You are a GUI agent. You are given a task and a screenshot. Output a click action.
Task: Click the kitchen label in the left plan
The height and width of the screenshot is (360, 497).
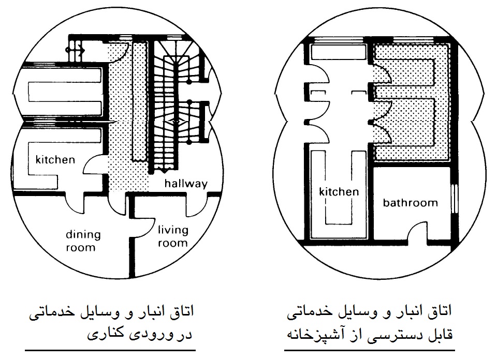tap(55, 160)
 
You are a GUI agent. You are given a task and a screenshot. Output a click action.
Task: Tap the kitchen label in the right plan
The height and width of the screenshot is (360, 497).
tap(339, 192)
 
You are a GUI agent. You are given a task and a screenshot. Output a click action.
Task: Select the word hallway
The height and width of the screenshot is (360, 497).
tap(186, 184)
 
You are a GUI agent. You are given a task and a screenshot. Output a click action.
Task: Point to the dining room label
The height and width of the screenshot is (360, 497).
tap(83, 241)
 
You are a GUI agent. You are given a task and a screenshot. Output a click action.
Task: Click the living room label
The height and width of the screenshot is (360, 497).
tap(173, 236)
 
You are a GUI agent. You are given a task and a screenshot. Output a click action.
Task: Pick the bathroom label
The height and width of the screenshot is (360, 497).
tap(410, 203)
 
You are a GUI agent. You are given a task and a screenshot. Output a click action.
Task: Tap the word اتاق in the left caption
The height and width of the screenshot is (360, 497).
tap(182, 311)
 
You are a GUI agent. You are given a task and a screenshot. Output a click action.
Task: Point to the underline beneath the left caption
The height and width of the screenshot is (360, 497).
tap(110, 351)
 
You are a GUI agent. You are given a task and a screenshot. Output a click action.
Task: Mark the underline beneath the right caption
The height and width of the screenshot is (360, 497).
tap(370, 350)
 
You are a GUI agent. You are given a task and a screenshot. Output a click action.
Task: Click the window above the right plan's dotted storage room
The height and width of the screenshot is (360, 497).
tap(413, 40)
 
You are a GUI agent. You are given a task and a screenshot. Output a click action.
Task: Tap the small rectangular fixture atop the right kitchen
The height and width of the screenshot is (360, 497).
tap(338, 52)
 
